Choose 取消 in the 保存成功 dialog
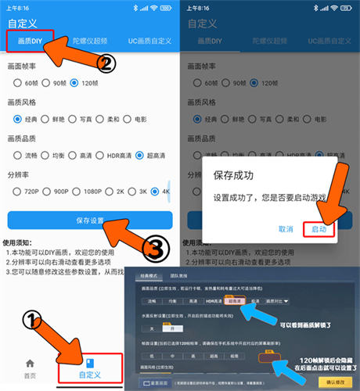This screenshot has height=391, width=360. pyautogui.click(x=286, y=229)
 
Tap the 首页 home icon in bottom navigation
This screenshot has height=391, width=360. pyautogui.click(x=30, y=368)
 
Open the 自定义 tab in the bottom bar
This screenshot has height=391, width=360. pyautogui.click(x=90, y=368)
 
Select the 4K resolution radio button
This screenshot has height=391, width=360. pyautogui.click(x=155, y=191)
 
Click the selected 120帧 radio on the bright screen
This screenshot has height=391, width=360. pyautogui.click(x=74, y=82)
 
